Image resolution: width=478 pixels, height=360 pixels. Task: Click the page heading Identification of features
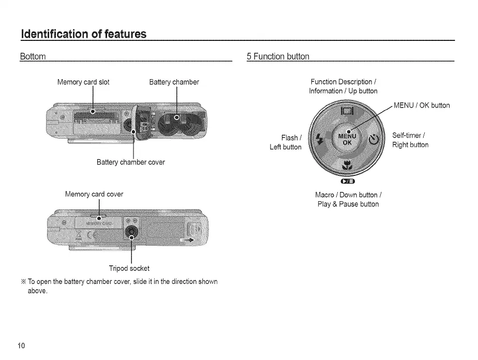(x=83, y=34)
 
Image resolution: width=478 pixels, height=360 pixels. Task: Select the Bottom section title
(x=33, y=56)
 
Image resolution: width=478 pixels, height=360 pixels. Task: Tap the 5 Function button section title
(x=278, y=56)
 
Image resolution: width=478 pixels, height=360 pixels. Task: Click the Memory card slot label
(x=83, y=82)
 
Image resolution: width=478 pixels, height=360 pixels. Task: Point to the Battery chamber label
(x=174, y=82)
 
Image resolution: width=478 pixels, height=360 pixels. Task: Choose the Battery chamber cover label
(x=131, y=162)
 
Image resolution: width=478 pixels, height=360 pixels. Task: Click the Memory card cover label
(x=94, y=194)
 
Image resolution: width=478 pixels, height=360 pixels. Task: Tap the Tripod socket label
(x=129, y=268)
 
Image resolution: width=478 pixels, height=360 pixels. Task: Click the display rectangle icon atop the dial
(x=347, y=111)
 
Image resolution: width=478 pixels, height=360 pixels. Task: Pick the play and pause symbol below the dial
(x=347, y=181)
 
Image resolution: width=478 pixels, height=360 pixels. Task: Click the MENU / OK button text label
(x=422, y=106)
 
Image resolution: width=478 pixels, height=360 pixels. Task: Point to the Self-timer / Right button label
(x=410, y=140)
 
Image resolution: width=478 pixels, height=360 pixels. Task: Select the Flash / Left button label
(x=286, y=142)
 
